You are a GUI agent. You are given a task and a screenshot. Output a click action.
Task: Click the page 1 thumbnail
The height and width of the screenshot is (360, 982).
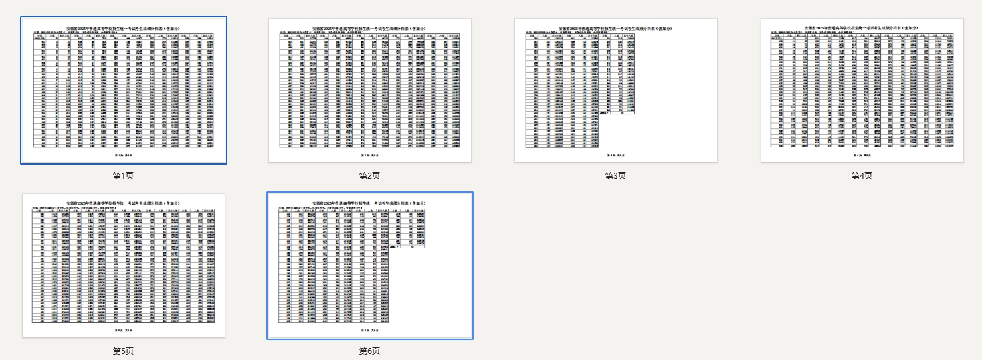[124, 90]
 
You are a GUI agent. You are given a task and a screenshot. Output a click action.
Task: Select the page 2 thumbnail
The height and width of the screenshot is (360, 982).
[369, 90]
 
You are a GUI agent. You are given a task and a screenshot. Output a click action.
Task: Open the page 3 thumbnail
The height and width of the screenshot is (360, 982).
[615, 90]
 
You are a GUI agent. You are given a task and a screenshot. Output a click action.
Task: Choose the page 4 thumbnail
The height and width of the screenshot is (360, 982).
[862, 90]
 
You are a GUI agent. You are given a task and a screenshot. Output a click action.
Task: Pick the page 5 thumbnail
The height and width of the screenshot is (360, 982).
[124, 266]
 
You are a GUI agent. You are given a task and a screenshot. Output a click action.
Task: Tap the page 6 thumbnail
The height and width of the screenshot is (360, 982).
[369, 266]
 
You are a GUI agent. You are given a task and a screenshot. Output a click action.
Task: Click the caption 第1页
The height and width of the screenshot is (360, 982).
[124, 175]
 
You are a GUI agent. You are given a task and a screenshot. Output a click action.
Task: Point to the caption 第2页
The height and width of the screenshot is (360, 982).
[369, 175]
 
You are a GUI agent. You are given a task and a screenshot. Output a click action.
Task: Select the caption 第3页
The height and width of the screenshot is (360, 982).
[615, 175]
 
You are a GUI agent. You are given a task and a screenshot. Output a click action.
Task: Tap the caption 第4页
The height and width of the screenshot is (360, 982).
[862, 175]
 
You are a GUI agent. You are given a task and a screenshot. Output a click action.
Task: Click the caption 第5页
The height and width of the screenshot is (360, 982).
[124, 351]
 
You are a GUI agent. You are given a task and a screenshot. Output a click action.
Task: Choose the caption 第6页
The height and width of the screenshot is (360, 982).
[369, 351]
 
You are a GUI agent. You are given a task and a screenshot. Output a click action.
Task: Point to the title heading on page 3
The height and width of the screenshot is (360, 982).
[615, 28]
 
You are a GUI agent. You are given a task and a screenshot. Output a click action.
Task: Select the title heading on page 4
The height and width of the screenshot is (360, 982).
[862, 28]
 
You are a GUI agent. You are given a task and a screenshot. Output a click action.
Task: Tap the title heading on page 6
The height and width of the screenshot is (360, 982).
[369, 203]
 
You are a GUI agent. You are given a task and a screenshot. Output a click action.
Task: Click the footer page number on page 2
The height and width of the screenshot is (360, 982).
[369, 155]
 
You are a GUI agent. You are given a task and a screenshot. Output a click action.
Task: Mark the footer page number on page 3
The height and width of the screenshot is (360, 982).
[615, 155]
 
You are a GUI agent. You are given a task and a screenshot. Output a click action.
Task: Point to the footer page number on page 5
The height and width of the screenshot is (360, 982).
[124, 330]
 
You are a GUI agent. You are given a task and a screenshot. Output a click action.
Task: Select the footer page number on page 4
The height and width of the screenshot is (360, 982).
[862, 155]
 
